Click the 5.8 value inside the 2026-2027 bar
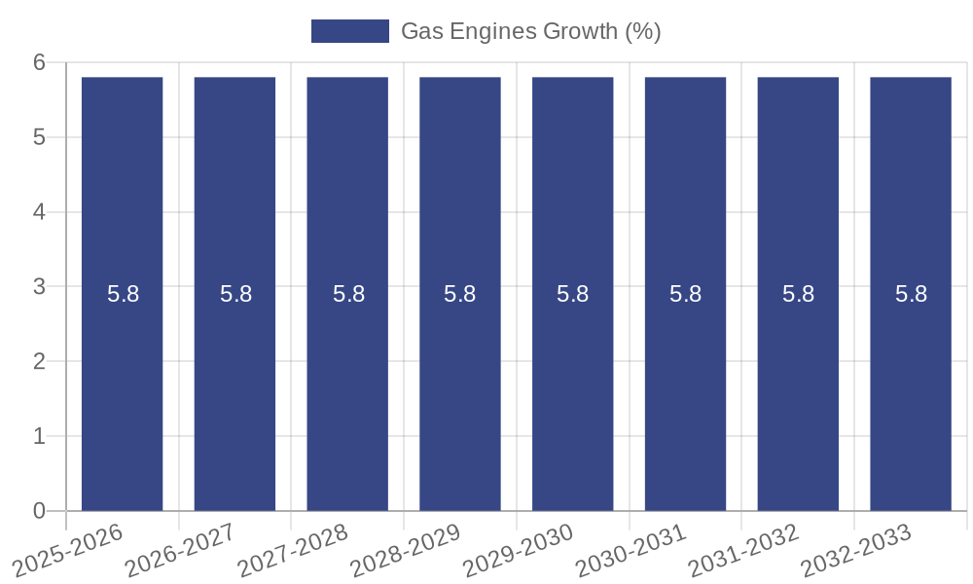[x=235, y=294]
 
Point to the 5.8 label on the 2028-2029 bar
[x=459, y=294]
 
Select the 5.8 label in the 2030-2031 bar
[x=685, y=294]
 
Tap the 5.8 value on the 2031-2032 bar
[x=798, y=294]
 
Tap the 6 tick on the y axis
[x=40, y=62]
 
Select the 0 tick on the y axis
[x=40, y=511]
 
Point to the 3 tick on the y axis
[x=40, y=287]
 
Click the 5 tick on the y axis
[x=40, y=137]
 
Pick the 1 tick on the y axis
[x=40, y=436]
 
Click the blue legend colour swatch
[x=349, y=31]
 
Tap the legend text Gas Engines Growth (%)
[x=531, y=31]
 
